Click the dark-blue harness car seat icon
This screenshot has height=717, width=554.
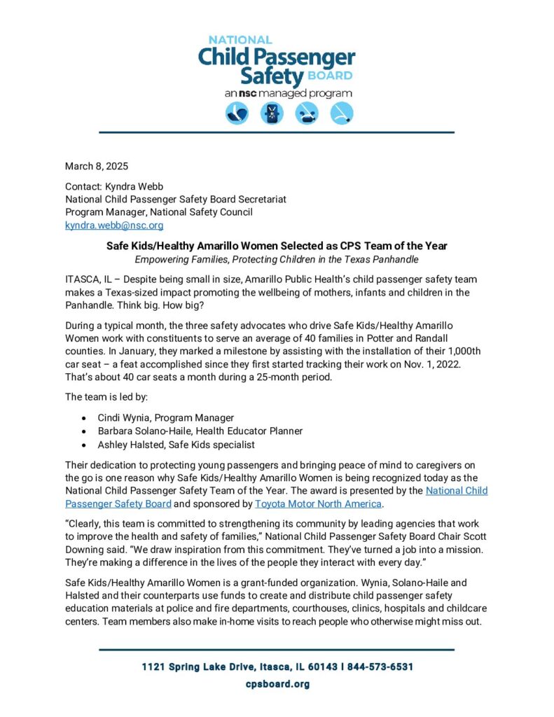(x=272, y=113)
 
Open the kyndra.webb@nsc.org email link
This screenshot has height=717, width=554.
(x=114, y=225)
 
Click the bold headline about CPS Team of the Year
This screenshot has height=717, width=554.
(x=277, y=246)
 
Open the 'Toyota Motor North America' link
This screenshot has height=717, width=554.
(x=318, y=503)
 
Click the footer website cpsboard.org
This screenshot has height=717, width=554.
(x=277, y=684)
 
